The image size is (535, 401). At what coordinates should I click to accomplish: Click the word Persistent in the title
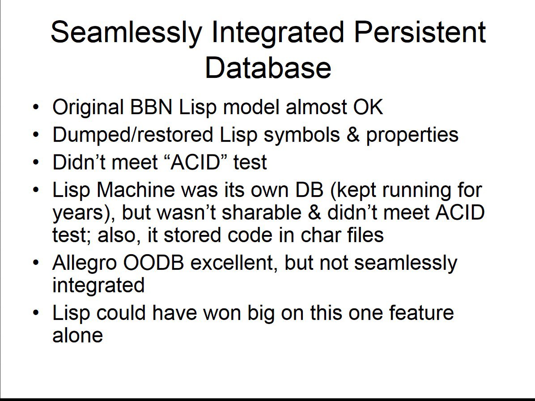point(420,32)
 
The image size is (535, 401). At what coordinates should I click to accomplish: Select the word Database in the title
point(268,67)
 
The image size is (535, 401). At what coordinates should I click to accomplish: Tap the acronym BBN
point(151,107)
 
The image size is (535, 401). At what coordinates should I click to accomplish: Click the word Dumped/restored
point(133,134)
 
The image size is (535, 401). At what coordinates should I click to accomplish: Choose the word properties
point(412,135)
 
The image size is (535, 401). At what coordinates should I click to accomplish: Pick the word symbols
point(301,135)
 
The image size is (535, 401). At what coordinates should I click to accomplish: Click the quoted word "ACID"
point(195,162)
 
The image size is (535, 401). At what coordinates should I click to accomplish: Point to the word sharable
point(262,212)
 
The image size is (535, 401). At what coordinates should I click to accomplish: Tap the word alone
point(77,335)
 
